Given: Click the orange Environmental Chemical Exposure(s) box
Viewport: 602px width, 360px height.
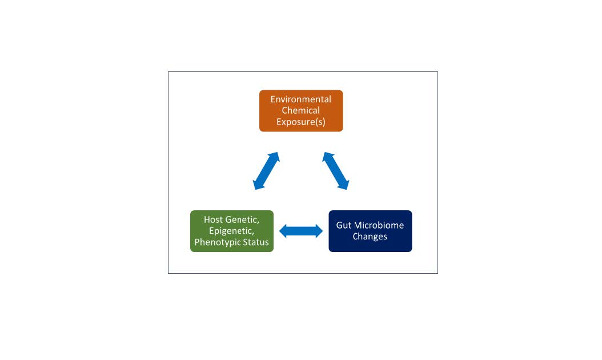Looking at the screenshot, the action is [301, 111].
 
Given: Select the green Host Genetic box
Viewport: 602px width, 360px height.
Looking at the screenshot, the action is [232, 231].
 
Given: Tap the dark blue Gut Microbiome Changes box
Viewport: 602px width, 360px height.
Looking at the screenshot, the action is [370, 231].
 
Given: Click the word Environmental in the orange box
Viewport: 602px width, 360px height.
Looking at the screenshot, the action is [300, 99].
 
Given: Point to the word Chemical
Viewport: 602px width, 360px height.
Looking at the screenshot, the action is [300, 110].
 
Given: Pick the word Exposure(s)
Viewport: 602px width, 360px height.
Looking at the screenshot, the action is [300, 122].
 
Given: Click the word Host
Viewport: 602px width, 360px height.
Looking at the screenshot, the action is [212, 219].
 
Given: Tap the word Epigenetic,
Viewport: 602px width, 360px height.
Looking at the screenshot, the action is [231, 231].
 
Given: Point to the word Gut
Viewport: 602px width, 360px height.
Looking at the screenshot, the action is [344, 225].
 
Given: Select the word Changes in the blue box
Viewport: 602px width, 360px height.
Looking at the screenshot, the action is [370, 237].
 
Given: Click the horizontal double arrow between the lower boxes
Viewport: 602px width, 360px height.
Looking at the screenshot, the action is [301, 231].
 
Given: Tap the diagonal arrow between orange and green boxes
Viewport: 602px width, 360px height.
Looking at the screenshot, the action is [266, 171].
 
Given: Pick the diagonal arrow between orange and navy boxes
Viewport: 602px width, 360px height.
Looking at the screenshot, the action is [335, 171].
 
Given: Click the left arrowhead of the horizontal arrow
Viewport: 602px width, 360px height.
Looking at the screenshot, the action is [283, 231].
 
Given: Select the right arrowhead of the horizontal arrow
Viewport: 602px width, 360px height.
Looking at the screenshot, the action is [319, 231].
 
